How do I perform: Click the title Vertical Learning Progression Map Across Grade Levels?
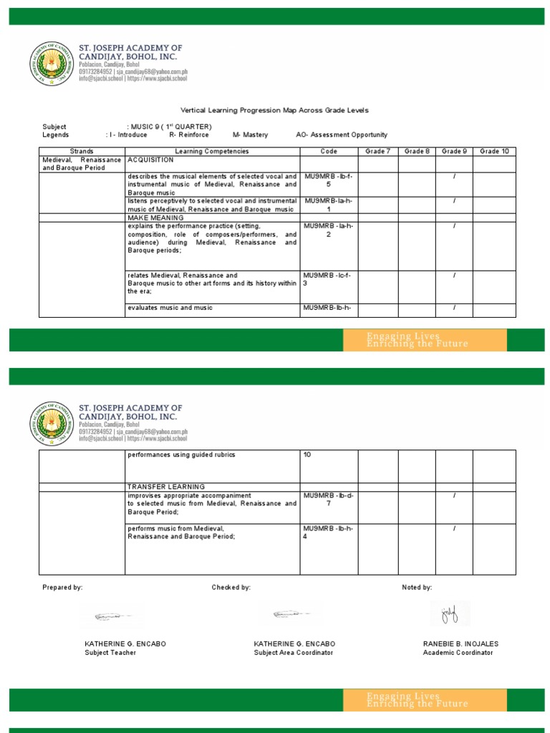pyautogui.click(x=274, y=110)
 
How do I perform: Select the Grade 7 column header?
pyautogui.click(x=377, y=152)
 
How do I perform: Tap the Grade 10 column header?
pyautogui.click(x=494, y=152)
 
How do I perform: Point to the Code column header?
pyautogui.click(x=329, y=152)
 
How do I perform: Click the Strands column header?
pyautogui.click(x=82, y=152)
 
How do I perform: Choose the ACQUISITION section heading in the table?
pyautogui.click(x=150, y=160)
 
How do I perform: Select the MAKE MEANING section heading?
pyautogui.click(x=155, y=217)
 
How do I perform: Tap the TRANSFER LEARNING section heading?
pyautogui.click(x=166, y=487)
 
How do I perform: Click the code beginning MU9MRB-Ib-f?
pyautogui.click(x=328, y=180)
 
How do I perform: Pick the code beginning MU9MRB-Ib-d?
pyautogui.click(x=328, y=499)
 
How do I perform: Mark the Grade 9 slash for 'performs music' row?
pyautogui.click(x=454, y=529)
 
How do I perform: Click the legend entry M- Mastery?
pyautogui.click(x=250, y=135)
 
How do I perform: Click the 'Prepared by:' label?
pyautogui.click(x=62, y=587)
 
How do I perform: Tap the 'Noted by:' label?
pyautogui.click(x=417, y=587)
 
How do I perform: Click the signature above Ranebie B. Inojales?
pyautogui.click(x=450, y=613)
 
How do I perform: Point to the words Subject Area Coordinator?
pyautogui.click(x=293, y=653)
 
